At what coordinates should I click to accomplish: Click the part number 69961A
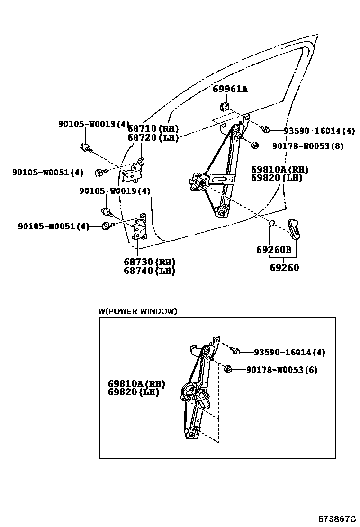click(x=230, y=89)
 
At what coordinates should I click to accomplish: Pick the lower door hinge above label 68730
click(x=140, y=228)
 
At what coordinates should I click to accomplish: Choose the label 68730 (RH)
click(x=149, y=262)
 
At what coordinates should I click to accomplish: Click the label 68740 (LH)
click(x=149, y=271)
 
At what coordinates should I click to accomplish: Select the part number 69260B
click(x=274, y=250)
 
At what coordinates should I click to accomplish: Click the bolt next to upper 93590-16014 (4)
click(x=266, y=129)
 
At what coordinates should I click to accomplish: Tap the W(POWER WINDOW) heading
click(x=138, y=311)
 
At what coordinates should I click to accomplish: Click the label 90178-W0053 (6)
click(x=281, y=370)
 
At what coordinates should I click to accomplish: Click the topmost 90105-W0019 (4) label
click(x=94, y=124)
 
